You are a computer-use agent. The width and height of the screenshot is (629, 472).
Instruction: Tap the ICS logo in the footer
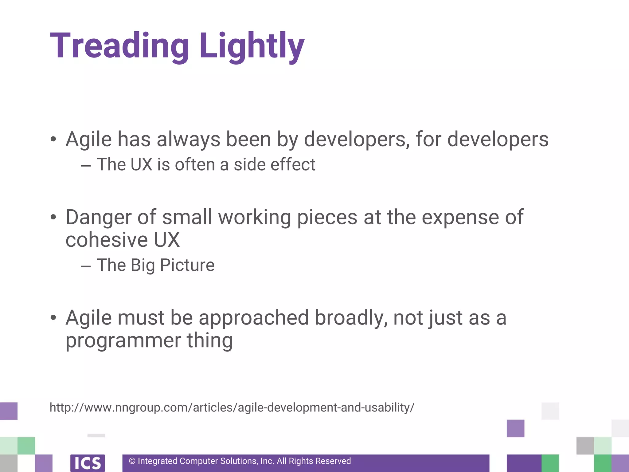pos(88,463)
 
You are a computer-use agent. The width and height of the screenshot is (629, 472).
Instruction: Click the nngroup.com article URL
pos(232,407)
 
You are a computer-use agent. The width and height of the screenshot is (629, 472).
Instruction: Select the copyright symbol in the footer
pos(132,461)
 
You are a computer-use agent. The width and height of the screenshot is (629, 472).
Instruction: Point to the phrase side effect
pos(274,164)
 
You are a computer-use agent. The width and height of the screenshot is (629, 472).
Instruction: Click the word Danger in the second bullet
pos(99,217)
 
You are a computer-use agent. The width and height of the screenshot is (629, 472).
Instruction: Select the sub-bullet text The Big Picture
pos(155,265)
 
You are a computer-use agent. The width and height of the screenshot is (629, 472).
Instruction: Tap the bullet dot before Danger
pos(53,217)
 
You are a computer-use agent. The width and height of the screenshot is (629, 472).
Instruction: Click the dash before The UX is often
pos(86,165)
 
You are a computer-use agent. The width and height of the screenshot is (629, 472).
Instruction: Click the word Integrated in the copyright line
pos(158,461)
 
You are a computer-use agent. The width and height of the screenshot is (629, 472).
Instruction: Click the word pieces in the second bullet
pos(327,217)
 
